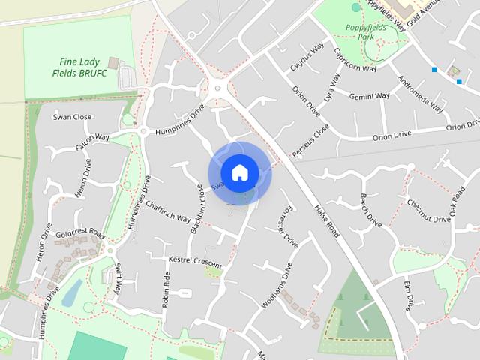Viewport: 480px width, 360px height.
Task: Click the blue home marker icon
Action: [239, 172]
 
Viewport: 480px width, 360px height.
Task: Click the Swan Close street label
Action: [72, 117]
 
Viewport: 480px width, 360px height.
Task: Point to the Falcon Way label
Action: [92, 142]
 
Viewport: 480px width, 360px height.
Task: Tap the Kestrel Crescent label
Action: [196, 262]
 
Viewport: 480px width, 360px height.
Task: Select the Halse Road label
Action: [328, 221]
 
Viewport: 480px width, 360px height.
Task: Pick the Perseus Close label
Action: [310, 141]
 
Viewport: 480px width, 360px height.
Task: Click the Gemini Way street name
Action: [370, 96]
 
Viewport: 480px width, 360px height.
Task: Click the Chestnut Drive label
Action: [428, 210]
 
